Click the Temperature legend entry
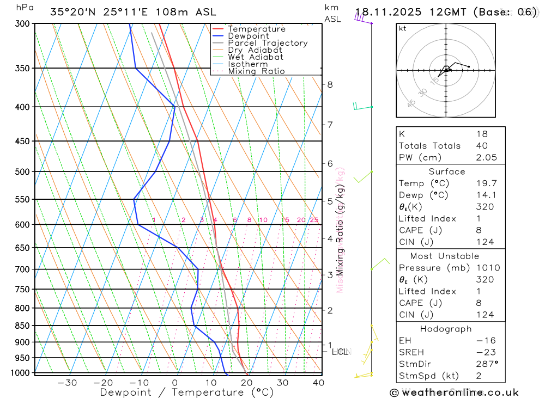click(x=256, y=29)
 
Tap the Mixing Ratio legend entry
click(x=256, y=71)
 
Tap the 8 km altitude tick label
click(x=330, y=84)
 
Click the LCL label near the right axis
click(x=340, y=352)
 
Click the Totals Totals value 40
click(x=482, y=145)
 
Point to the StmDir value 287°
click(x=486, y=364)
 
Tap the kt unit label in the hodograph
click(x=403, y=28)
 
